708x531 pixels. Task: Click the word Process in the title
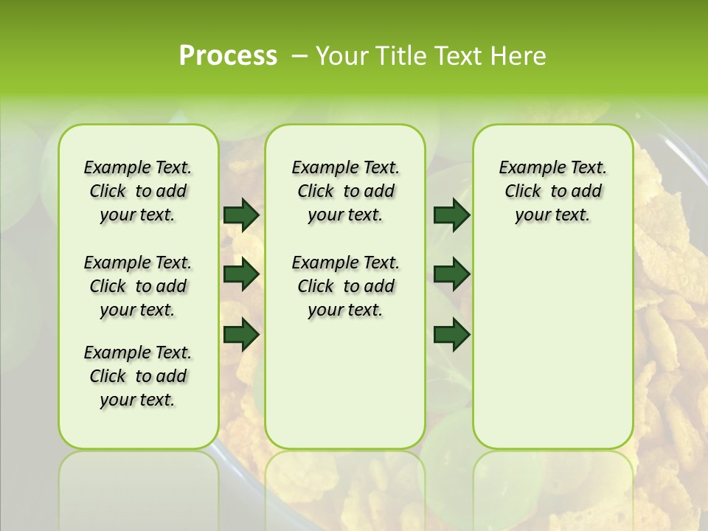click(x=228, y=56)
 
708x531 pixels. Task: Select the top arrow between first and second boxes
click(x=241, y=215)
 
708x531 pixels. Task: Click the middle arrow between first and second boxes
click(x=241, y=274)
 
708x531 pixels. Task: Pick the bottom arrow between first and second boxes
click(x=241, y=334)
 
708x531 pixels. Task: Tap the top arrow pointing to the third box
click(x=451, y=215)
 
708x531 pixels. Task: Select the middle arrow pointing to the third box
click(x=451, y=274)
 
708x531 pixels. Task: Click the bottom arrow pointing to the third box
click(x=451, y=334)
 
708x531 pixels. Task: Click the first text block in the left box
click(x=138, y=191)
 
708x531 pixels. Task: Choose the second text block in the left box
click(x=138, y=286)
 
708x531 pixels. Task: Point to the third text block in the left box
click(x=138, y=376)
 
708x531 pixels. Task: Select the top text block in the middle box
click(x=345, y=191)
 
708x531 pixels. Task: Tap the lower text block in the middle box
click(x=345, y=286)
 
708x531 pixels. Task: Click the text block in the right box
click(x=552, y=191)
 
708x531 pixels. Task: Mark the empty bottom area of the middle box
click(x=345, y=383)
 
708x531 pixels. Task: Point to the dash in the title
click(x=300, y=56)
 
